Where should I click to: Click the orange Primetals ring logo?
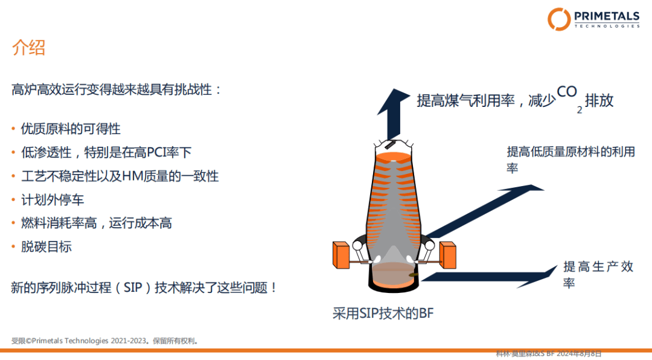pyautogui.click(x=559, y=19)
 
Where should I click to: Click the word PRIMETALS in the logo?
pyautogui.click(x=607, y=16)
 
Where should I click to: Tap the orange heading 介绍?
pyautogui.click(x=28, y=48)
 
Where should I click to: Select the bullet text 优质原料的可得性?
pyautogui.click(x=71, y=129)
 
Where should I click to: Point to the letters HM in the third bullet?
pyautogui.click(x=132, y=176)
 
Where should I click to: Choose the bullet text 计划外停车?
pyautogui.click(x=53, y=200)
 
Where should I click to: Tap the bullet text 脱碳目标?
pyautogui.click(x=46, y=247)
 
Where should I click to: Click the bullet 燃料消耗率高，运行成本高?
pyautogui.click(x=97, y=223)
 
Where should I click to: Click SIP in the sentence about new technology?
pyautogui.click(x=133, y=288)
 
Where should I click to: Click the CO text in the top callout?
pyautogui.click(x=567, y=92)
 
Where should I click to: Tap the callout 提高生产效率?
pyautogui.click(x=598, y=275)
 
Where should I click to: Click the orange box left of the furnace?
pyautogui.click(x=341, y=255)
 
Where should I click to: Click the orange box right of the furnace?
pyautogui.click(x=448, y=255)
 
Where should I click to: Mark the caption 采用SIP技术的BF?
pyautogui.click(x=383, y=313)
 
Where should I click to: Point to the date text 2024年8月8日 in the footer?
pyautogui.click(x=579, y=354)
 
